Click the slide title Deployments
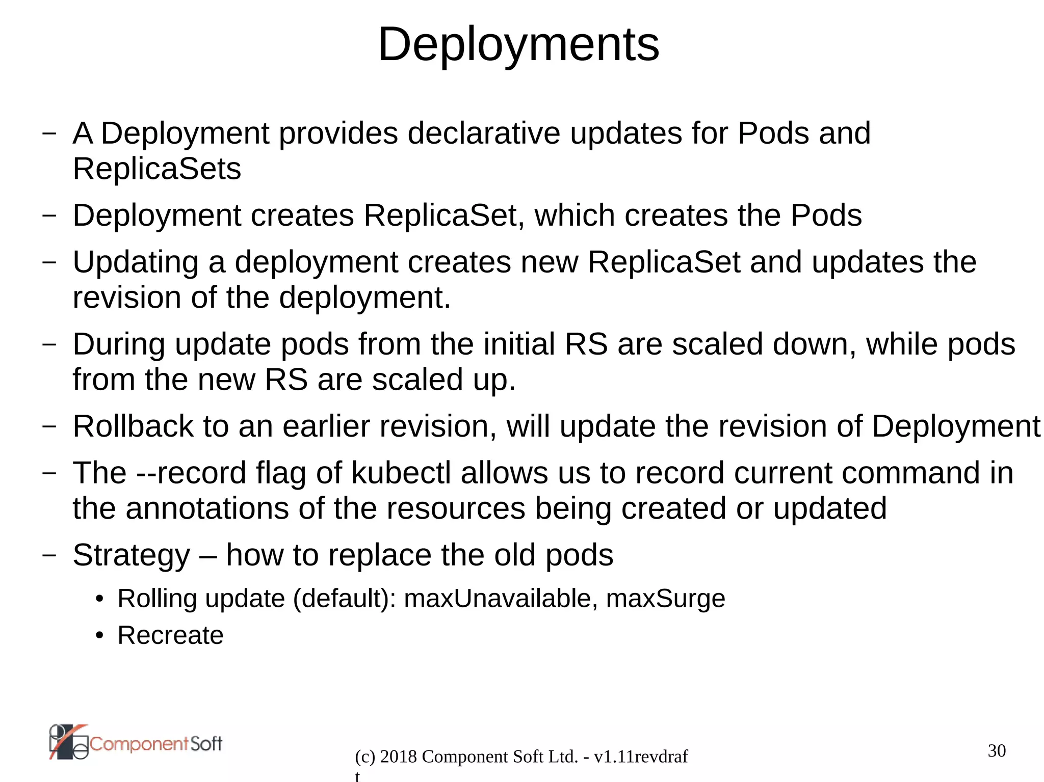click(x=518, y=45)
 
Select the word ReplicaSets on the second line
click(x=156, y=169)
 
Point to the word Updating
click(x=136, y=263)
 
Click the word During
click(x=119, y=344)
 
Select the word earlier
click(x=326, y=426)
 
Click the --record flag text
click(x=191, y=473)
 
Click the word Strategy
click(x=132, y=555)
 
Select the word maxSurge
click(x=665, y=599)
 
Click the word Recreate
click(x=170, y=635)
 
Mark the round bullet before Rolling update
click(x=100, y=599)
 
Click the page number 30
click(x=997, y=750)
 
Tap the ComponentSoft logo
click(x=136, y=743)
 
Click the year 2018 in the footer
click(x=398, y=757)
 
